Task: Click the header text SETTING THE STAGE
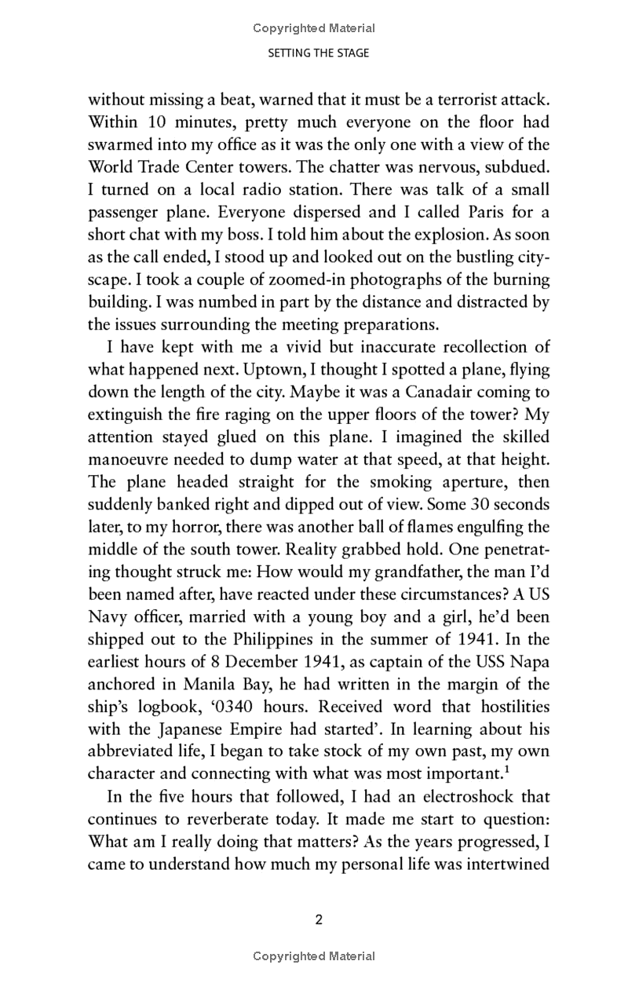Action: click(x=318, y=53)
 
